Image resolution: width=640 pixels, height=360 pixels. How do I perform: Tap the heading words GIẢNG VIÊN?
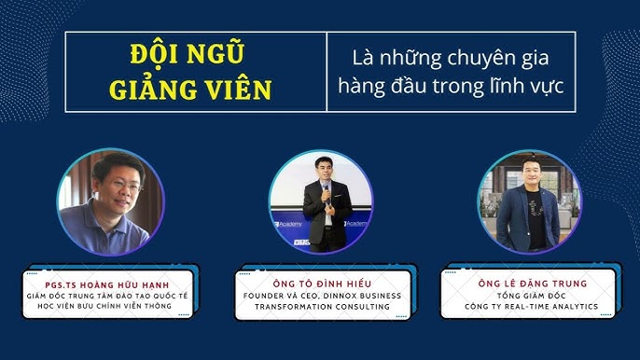pos(196,89)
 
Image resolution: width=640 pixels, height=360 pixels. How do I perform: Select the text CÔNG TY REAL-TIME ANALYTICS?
pos(530,307)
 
